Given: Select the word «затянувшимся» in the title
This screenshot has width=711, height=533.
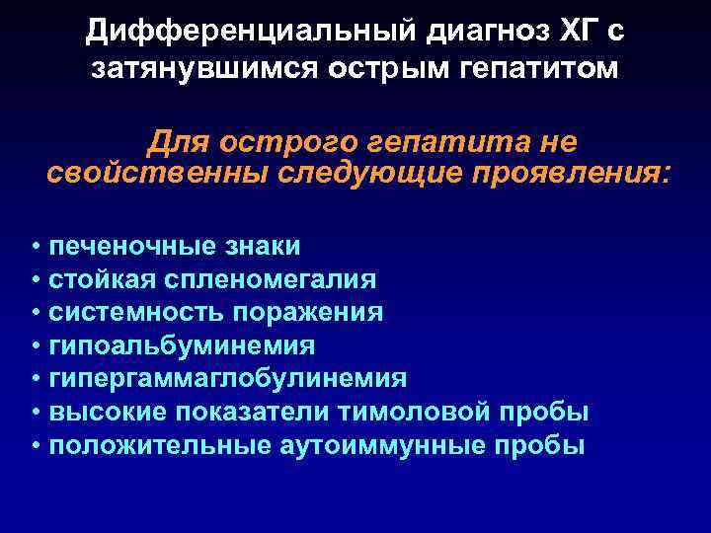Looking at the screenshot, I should (191, 70).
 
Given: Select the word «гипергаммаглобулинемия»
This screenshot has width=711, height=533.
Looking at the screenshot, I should (228, 380).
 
